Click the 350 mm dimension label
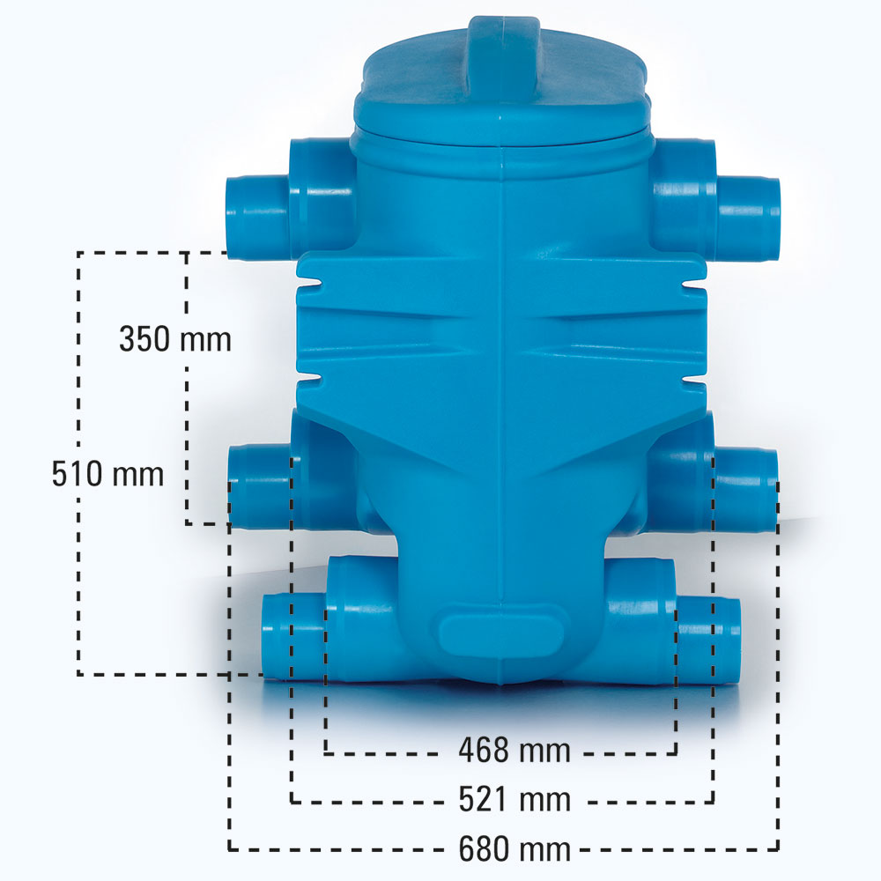pyautogui.click(x=175, y=339)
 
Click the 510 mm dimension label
pyautogui.click(x=107, y=473)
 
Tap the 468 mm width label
pyautogui.click(x=515, y=750)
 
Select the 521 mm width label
pyautogui.click(x=515, y=798)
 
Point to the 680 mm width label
pyautogui.click(x=515, y=848)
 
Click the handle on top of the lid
pyautogui.click(x=503, y=59)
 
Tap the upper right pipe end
pyautogui.click(x=774, y=219)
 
